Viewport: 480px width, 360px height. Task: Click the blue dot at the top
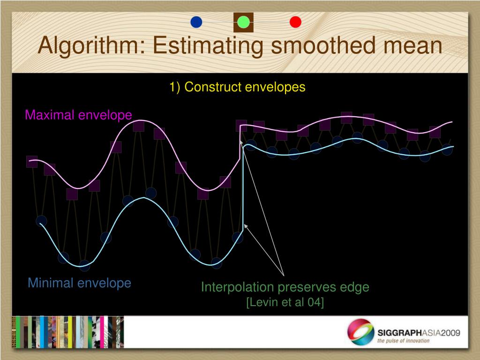(x=196, y=22)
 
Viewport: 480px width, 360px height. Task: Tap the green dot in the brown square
(x=243, y=22)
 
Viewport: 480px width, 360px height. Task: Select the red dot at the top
(x=295, y=22)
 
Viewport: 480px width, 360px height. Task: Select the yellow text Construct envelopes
(x=245, y=87)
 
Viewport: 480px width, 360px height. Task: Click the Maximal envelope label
(x=78, y=115)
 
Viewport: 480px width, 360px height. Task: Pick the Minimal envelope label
(x=80, y=283)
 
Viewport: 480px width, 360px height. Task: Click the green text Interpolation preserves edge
(x=285, y=287)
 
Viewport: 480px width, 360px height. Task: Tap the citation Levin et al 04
(x=285, y=302)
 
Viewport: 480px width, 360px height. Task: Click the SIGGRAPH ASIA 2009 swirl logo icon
(x=360, y=332)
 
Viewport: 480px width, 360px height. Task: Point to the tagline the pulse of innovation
(x=403, y=341)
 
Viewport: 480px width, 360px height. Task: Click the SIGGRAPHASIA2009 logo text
(x=419, y=333)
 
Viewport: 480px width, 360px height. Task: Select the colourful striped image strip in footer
(x=68, y=332)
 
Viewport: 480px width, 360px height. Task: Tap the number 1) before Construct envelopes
(x=175, y=87)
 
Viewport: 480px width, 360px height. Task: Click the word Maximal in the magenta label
(x=50, y=115)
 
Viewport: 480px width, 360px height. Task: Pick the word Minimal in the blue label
(x=51, y=283)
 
